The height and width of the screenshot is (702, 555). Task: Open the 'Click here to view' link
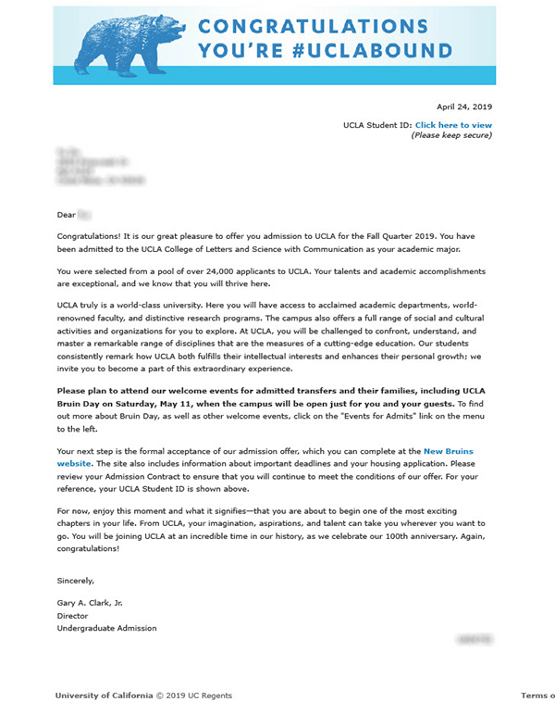[x=453, y=125]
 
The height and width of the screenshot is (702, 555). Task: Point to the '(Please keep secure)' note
[x=451, y=135]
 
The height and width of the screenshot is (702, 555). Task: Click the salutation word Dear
[x=66, y=214]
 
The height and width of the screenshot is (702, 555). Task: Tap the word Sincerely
[x=76, y=581]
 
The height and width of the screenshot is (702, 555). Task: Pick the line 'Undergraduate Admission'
[x=106, y=628]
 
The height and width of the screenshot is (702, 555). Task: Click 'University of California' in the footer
[x=103, y=695]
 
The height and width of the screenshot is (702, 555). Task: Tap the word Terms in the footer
[x=536, y=695]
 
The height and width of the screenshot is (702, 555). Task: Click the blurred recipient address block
[x=92, y=165]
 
